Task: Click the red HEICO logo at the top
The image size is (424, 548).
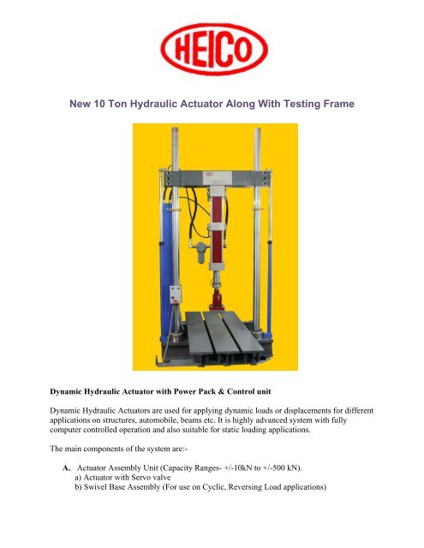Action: (214, 49)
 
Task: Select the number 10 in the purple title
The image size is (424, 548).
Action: (99, 104)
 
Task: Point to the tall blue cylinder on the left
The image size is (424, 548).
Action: (166, 272)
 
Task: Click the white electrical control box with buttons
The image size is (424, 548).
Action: (175, 295)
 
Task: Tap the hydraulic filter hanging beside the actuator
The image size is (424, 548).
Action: (201, 253)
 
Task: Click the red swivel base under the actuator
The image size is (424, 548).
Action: (217, 300)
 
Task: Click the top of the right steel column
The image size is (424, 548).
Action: (257, 130)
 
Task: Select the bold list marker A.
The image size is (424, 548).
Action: (67, 468)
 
